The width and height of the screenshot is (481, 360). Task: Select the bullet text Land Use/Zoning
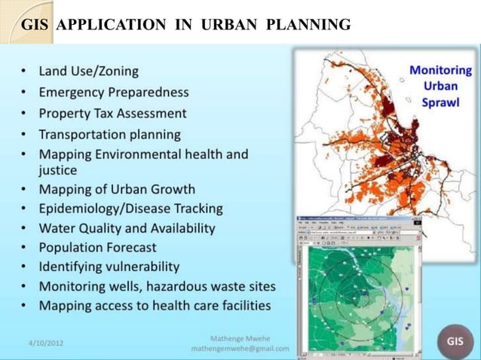pyautogui.click(x=89, y=72)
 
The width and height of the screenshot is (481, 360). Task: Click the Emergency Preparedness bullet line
pyautogui.click(x=114, y=93)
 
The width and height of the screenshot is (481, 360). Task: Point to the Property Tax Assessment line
pyautogui.click(x=112, y=114)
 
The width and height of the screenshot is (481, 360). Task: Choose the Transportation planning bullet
pyautogui.click(x=109, y=135)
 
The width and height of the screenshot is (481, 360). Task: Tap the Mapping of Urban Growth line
pyautogui.click(x=117, y=189)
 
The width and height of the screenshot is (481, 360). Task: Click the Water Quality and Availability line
pyautogui.click(x=127, y=227)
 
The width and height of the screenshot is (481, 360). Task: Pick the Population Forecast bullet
pyautogui.click(x=98, y=247)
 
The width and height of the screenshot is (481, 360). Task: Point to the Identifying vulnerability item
pyautogui.click(x=109, y=267)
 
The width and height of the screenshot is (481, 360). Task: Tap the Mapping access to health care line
pyautogui.click(x=155, y=306)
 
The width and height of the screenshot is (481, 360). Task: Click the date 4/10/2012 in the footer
pyautogui.click(x=46, y=343)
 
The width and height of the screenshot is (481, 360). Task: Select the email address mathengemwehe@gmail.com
pyautogui.click(x=240, y=349)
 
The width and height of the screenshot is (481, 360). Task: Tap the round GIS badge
pyautogui.click(x=455, y=340)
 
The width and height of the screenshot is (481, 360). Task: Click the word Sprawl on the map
pyautogui.click(x=441, y=102)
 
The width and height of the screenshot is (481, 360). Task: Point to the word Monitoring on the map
pyautogui.click(x=441, y=70)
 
